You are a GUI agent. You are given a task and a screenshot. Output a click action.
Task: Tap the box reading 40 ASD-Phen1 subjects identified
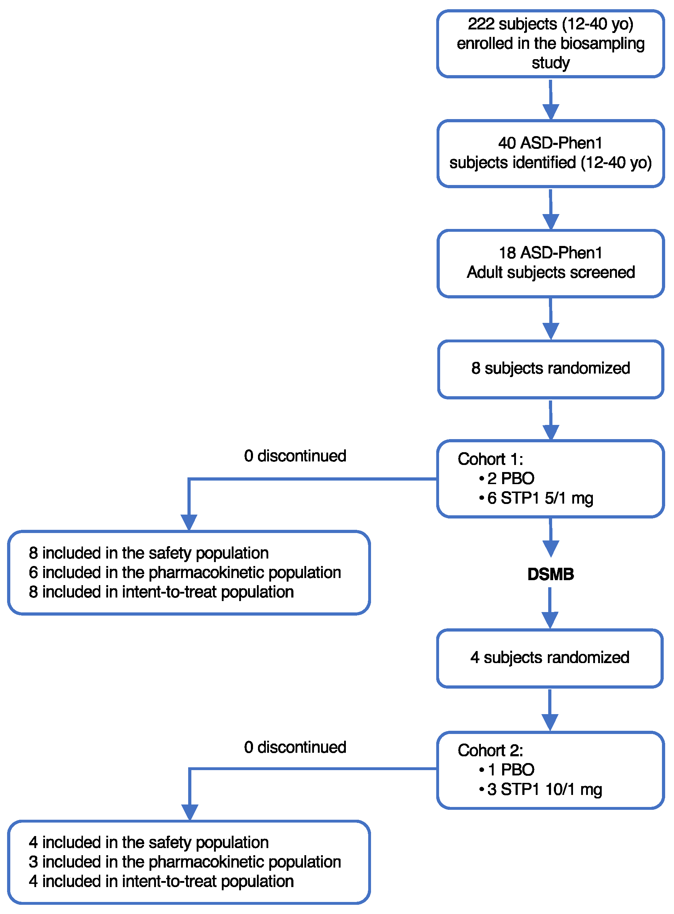tap(550, 153)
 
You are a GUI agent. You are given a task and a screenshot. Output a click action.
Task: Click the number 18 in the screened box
tap(507, 253)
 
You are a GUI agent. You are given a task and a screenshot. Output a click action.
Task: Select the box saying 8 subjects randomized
tap(550, 369)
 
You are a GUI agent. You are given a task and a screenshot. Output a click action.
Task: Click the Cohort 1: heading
tap(490, 459)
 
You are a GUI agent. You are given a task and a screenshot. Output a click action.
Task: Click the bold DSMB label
tap(550, 574)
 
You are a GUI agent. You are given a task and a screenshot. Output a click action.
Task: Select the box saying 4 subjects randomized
tap(549, 658)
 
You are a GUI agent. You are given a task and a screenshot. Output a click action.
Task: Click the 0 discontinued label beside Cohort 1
tap(295, 456)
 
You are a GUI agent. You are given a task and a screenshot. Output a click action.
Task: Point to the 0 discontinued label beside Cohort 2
tap(295, 747)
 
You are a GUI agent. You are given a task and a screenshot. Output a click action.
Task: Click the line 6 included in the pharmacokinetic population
tap(184, 573)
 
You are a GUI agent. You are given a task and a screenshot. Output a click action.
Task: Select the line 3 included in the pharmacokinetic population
tap(184, 862)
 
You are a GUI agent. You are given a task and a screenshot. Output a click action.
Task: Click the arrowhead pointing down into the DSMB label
tap(550, 548)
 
